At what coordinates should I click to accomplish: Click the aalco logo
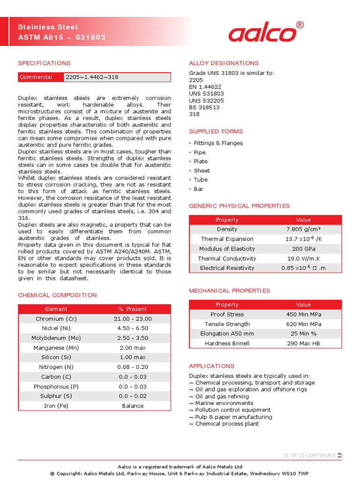tap(262, 34)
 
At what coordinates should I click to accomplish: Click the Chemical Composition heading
tap(57, 295)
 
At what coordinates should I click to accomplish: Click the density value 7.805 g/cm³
tap(304, 229)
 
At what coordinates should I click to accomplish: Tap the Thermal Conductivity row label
tap(227, 258)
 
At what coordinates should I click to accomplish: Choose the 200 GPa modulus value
tap(304, 249)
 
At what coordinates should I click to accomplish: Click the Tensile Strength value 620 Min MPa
tap(304, 324)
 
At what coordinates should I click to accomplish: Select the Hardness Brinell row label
tap(227, 344)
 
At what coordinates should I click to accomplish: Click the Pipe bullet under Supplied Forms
tap(200, 152)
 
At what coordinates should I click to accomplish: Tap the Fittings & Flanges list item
tap(218, 143)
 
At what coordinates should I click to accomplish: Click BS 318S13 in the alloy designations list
tap(204, 107)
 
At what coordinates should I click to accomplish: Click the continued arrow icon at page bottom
tap(340, 455)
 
